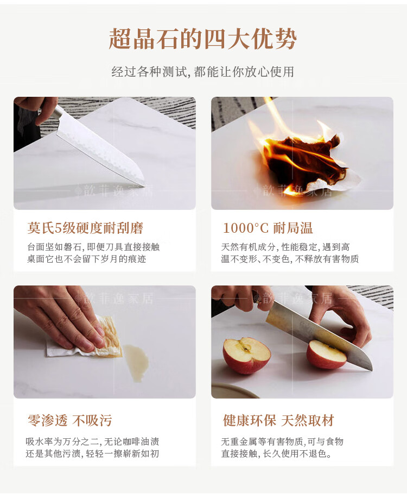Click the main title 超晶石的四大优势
point(203,39)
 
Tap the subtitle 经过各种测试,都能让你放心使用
point(203,72)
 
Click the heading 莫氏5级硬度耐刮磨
point(85,228)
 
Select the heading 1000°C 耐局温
point(268,228)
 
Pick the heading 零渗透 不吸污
point(70,420)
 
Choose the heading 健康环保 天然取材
point(278,420)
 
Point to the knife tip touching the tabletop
point(144,185)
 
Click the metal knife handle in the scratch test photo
point(57,114)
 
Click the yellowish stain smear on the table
point(136,363)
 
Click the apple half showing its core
point(246,355)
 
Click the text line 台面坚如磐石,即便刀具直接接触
point(93,247)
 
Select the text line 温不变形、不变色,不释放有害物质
point(290,258)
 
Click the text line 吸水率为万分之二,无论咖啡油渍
point(92,442)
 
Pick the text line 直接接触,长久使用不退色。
point(276,454)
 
